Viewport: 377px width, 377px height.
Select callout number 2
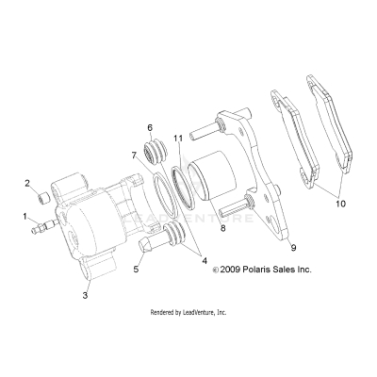[26, 183]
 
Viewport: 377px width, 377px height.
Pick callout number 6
[149, 126]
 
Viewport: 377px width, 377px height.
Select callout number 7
[135, 155]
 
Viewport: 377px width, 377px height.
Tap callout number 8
[221, 228]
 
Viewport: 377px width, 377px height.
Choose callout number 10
[340, 202]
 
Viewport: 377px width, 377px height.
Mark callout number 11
[177, 139]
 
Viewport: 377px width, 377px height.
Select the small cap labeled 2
[41, 199]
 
